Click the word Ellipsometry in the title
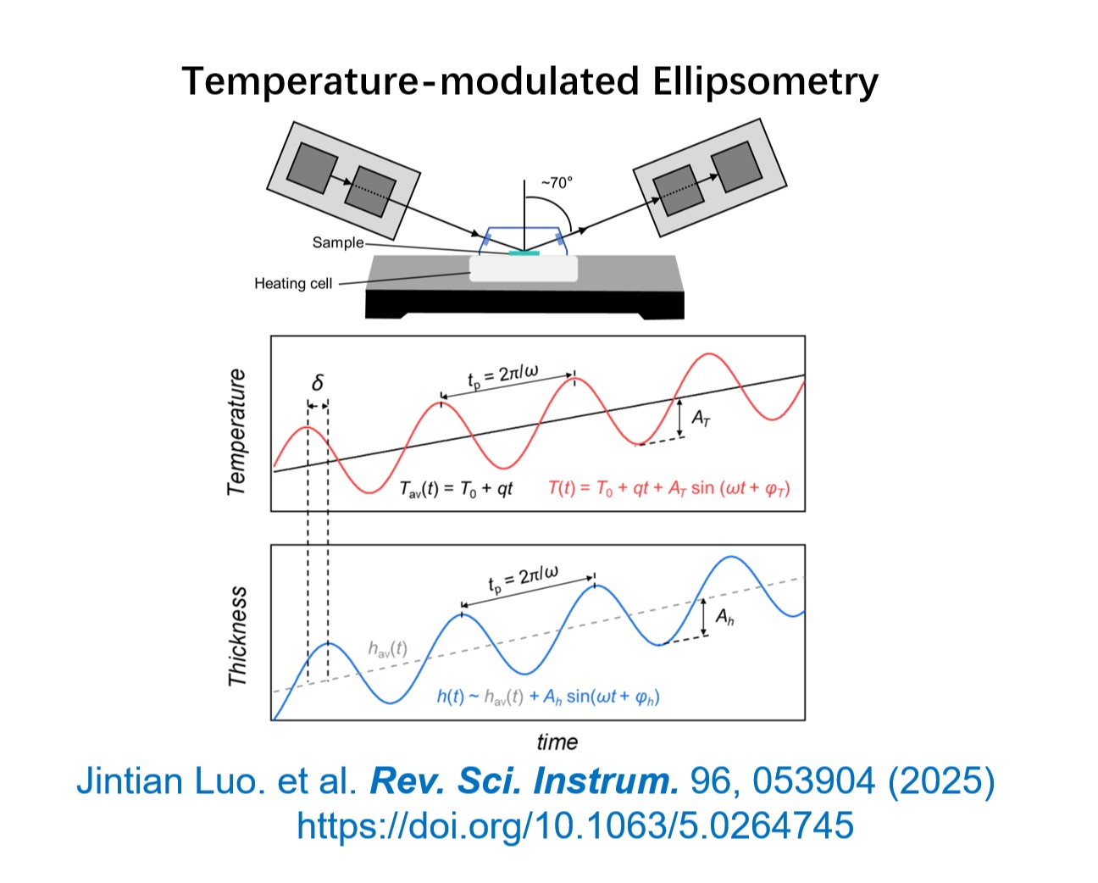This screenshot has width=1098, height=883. click(765, 82)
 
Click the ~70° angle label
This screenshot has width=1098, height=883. click(557, 182)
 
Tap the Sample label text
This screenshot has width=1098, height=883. click(338, 242)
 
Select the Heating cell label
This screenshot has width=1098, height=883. click(293, 283)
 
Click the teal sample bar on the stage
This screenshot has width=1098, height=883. click(524, 253)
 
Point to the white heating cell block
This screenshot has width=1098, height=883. click(524, 269)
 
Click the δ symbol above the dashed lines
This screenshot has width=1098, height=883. click(318, 382)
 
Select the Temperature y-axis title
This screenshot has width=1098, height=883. click(236, 432)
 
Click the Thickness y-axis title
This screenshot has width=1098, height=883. click(237, 636)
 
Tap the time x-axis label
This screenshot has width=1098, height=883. click(557, 742)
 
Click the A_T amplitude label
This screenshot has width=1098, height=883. click(701, 419)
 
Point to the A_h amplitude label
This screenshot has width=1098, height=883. click(724, 617)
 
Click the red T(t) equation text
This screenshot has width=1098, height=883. click(669, 488)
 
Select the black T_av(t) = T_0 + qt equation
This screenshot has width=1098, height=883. click(456, 489)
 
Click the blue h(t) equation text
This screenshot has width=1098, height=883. click(548, 697)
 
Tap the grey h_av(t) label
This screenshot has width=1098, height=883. click(388, 649)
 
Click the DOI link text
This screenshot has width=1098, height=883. click(575, 825)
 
